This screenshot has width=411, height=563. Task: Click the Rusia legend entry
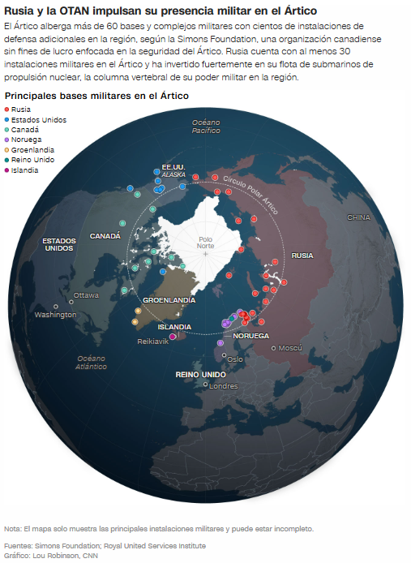pyautogui.click(x=20, y=110)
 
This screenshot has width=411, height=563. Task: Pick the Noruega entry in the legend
pyautogui.click(x=25, y=140)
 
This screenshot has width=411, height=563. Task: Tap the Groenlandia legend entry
pyautogui.click(x=32, y=149)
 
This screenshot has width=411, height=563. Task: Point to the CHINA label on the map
pyautogui.click(x=358, y=217)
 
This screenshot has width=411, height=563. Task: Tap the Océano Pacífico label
pyautogui.click(x=207, y=126)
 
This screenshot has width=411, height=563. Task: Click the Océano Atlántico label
pyautogui.click(x=92, y=363)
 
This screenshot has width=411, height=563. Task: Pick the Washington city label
pyautogui.click(x=55, y=315)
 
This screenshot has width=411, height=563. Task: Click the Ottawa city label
pyautogui.click(x=86, y=295)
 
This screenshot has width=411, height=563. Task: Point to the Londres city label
pyautogui.click(x=223, y=386)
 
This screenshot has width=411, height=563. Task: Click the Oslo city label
pyautogui.click(x=234, y=359)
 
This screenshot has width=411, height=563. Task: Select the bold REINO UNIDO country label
pyautogui.click(x=200, y=375)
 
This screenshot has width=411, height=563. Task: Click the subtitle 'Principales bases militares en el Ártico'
pyautogui.click(x=96, y=96)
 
